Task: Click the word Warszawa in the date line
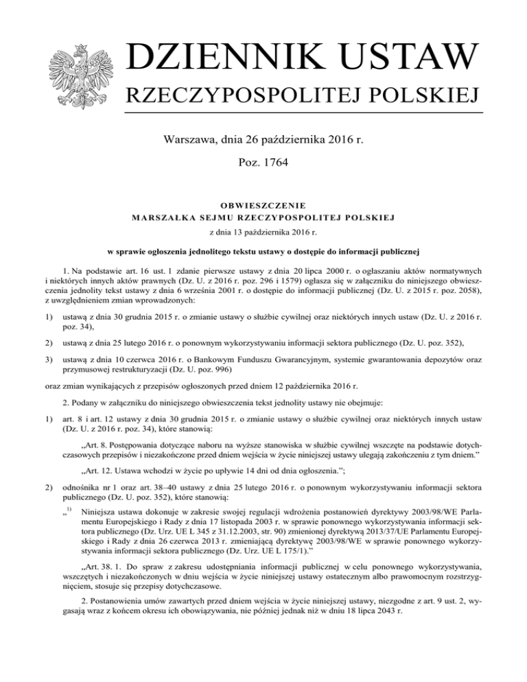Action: point(189,142)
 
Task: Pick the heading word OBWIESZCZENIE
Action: point(263,204)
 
